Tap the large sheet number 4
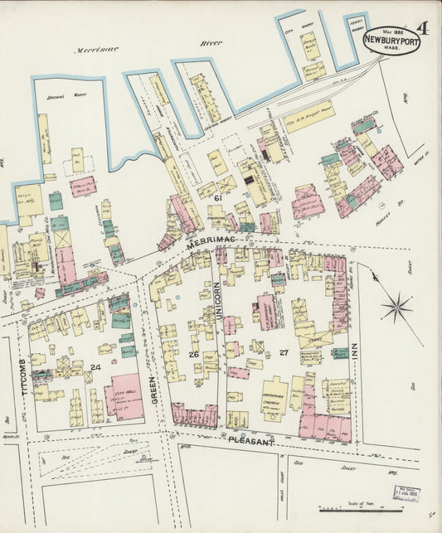423,27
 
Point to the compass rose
397,308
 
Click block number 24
95,366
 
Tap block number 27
284,352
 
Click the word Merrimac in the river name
97,49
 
